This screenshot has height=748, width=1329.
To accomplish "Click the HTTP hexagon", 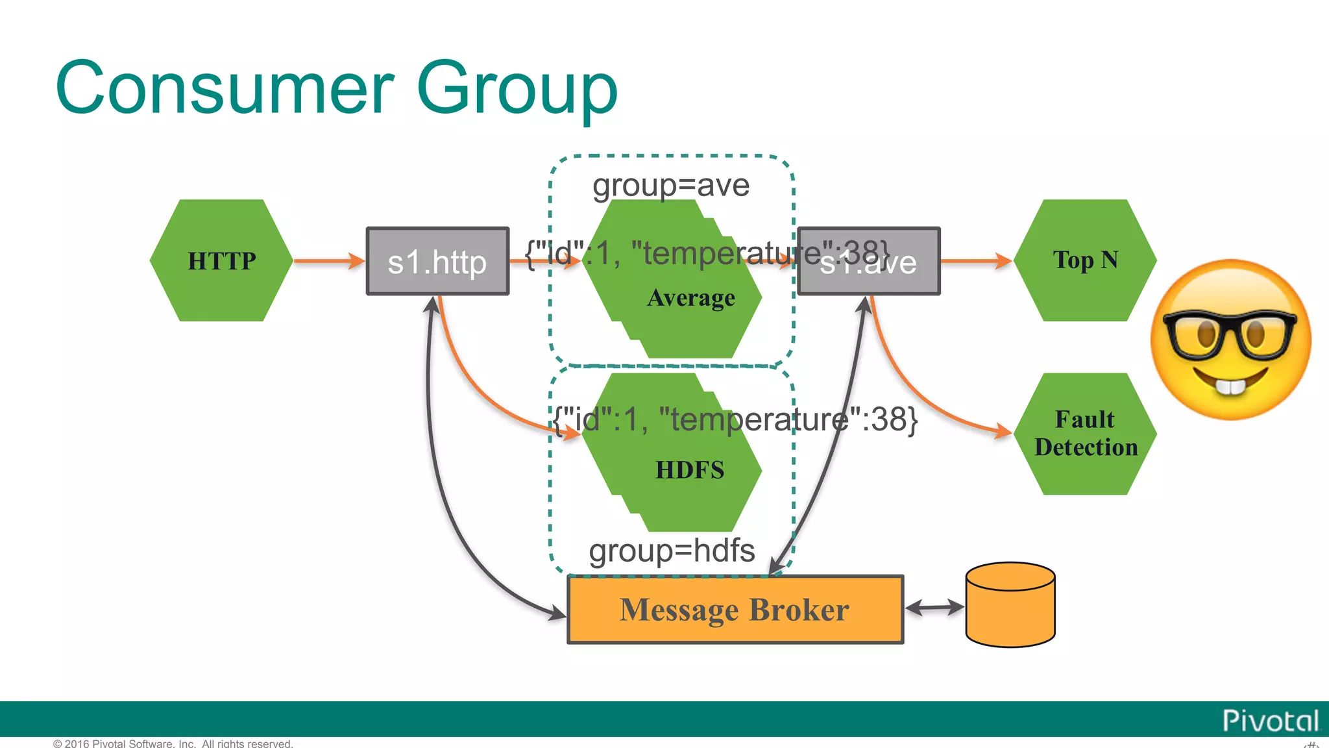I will point(221,260).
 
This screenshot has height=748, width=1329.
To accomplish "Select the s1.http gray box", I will point(437,261).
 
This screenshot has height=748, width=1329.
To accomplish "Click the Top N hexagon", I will point(1085,260).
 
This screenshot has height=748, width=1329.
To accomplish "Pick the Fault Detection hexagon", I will point(1085,434).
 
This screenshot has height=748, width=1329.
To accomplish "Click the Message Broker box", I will point(735,610).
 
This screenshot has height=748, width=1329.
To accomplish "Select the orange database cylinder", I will point(1010,605).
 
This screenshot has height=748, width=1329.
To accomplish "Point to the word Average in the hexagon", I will point(691,298).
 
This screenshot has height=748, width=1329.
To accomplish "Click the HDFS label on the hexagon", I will point(689,469).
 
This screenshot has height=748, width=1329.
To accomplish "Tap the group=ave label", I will point(671,186).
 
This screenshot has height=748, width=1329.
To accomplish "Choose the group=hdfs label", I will point(672,551).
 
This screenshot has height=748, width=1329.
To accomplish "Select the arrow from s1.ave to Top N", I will point(975,261).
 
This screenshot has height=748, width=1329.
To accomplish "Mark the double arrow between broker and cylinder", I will point(934,608).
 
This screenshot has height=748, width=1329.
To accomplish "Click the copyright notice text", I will point(173,743).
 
